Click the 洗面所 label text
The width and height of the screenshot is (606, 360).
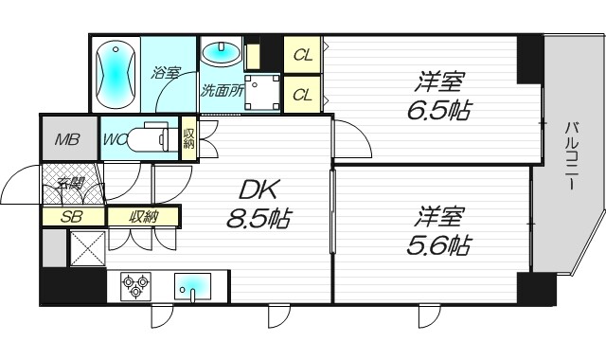[x=223, y=92]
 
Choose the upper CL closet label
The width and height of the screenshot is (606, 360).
[x=302, y=55]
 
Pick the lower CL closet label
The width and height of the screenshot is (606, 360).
[x=302, y=94]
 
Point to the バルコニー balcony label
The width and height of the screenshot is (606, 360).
[x=572, y=157]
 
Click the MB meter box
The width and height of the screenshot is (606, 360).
[x=66, y=141]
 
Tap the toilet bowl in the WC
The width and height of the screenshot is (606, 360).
[x=151, y=139]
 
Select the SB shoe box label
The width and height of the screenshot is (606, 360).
[x=69, y=217]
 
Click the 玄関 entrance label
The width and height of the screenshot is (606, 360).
[x=69, y=184]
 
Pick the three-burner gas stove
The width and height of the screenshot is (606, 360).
[x=133, y=285]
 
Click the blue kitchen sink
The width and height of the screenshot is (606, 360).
[x=195, y=285]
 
